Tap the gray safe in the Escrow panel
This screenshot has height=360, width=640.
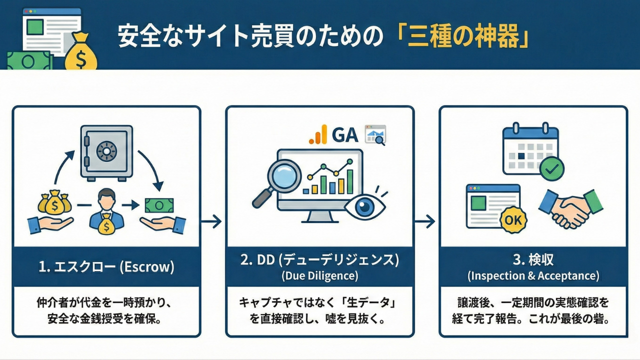[106, 152]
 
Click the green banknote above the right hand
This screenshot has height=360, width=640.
[159, 205]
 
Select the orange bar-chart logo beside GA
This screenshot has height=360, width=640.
[318, 134]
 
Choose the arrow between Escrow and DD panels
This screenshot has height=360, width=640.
[212, 221]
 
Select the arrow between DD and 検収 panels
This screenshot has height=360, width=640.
[425, 221]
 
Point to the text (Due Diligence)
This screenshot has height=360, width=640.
[319, 275]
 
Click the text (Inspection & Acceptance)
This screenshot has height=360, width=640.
[533, 275]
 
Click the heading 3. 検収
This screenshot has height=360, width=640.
[533, 259]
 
